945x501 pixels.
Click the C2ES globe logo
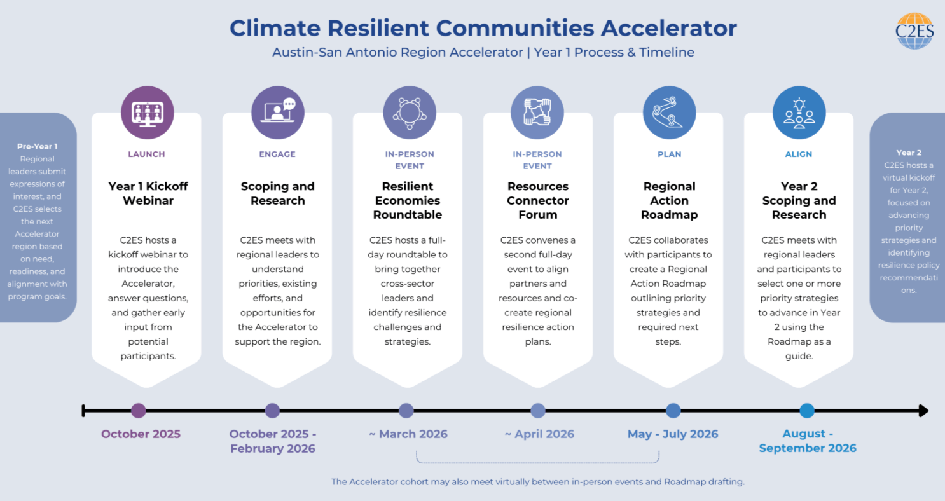(x=914, y=31)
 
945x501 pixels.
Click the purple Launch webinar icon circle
(x=148, y=113)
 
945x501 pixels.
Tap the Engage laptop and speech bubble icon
(x=278, y=113)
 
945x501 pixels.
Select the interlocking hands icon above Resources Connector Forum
(x=537, y=113)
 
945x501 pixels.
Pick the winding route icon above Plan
(x=669, y=113)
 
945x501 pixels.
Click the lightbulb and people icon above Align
(x=799, y=113)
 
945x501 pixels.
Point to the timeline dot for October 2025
(x=139, y=410)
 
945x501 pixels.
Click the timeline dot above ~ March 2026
(x=406, y=410)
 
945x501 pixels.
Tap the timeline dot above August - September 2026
(x=807, y=410)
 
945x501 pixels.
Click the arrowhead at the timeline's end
(x=924, y=410)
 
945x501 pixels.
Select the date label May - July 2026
(x=672, y=434)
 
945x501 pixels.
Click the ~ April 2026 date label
(x=539, y=434)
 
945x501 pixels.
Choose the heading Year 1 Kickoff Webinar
(x=148, y=193)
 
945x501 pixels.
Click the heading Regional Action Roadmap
(x=669, y=200)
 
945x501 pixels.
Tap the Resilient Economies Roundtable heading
(x=408, y=200)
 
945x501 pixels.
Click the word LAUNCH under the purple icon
(x=146, y=154)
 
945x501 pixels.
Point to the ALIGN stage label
(x=799, y=154)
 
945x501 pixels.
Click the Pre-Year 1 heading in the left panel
(x=37, y=146)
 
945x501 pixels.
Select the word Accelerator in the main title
(x=668, y=28)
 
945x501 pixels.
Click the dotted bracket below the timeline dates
(x=538, y=463)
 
